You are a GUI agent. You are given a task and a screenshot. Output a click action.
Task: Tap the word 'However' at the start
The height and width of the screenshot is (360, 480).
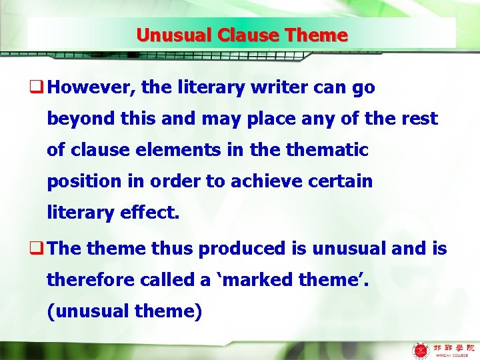point(85,87)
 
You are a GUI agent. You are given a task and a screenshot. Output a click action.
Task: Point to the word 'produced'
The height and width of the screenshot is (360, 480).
point(242,249)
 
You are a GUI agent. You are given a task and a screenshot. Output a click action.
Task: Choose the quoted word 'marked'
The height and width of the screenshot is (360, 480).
point(249,280)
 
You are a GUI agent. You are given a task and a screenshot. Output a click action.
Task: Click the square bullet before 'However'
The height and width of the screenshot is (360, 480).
point(39,88)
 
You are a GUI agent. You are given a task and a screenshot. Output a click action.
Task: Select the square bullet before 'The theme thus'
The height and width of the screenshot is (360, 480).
point(39,249)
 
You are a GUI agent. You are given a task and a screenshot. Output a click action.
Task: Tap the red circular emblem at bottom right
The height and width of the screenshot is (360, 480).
point(421,349)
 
